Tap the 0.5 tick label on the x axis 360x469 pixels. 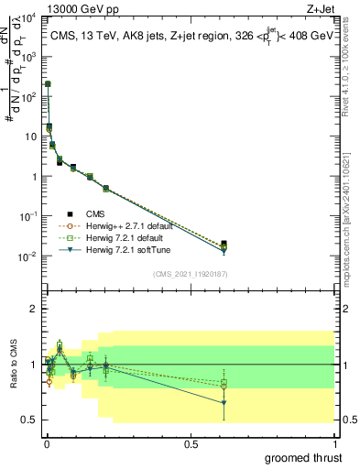190,443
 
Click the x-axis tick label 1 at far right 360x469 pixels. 334,443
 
